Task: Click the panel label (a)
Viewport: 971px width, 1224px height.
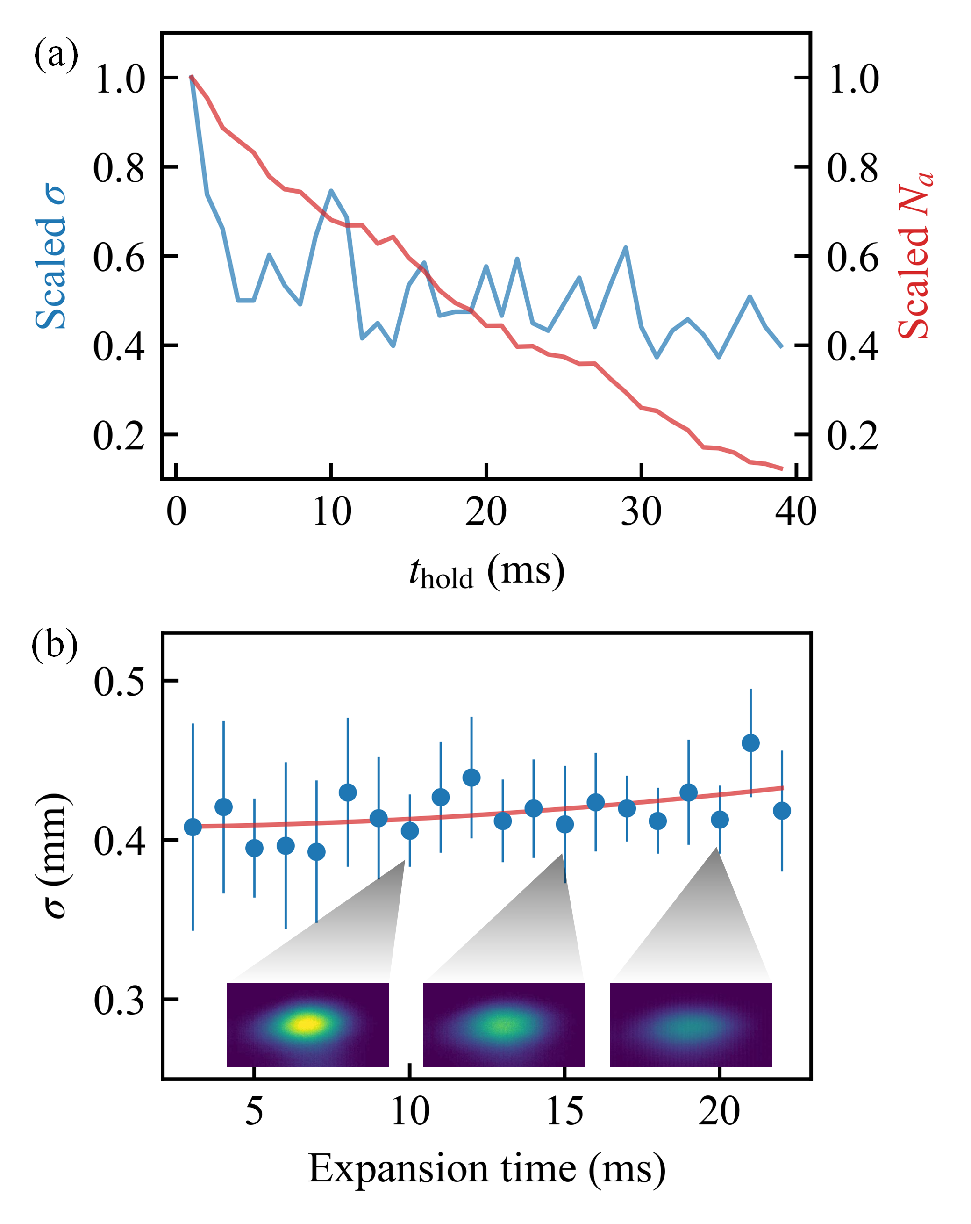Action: [56, 55]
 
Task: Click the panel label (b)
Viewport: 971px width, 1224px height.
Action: [55, 646]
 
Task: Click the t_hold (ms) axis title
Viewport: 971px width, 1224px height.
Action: [486, 572]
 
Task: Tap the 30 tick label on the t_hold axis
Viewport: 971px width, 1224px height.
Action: [641, 512]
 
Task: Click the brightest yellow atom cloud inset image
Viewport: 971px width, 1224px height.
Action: [307, 1024]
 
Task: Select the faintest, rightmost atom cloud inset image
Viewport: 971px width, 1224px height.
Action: [691, 1024]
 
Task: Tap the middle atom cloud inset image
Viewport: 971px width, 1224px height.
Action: [503, 1024]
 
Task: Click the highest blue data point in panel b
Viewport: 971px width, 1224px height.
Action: [750, 742]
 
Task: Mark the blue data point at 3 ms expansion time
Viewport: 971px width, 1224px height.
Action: [193, 827]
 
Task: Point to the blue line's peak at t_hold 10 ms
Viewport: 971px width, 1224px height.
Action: [331, 191]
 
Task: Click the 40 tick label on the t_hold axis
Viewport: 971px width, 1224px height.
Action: [796, 512]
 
